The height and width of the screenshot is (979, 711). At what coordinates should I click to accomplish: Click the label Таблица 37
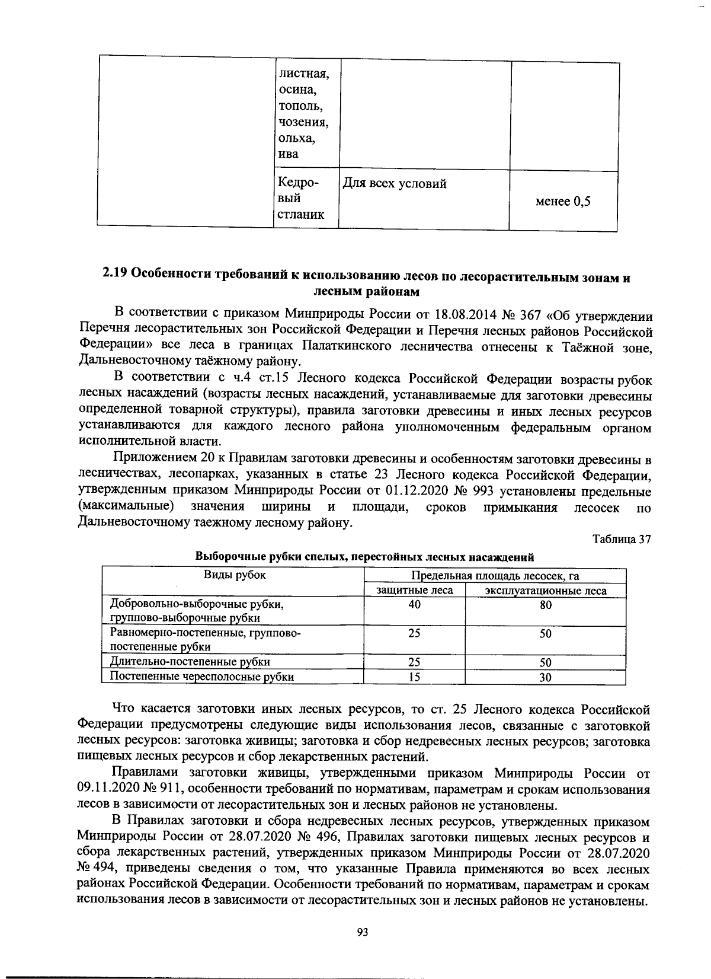622,540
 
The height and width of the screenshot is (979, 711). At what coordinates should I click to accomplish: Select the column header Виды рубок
235,575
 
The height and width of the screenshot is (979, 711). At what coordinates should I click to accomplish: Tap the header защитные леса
415,591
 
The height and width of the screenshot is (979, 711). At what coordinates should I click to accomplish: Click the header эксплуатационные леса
546,591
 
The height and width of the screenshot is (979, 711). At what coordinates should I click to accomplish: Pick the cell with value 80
546,605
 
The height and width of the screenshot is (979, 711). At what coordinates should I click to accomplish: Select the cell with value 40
415,604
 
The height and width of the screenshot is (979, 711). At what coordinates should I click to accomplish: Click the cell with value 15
415,677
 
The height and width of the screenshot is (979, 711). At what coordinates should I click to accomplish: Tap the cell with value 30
546,678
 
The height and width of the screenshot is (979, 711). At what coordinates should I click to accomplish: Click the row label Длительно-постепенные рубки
191,662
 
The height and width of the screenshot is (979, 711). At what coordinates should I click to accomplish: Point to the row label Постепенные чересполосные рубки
202,677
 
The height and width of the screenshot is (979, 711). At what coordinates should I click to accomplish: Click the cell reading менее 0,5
563,202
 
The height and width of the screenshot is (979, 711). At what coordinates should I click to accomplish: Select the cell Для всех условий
395,184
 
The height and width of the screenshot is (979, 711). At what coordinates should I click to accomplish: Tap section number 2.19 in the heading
114,274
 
